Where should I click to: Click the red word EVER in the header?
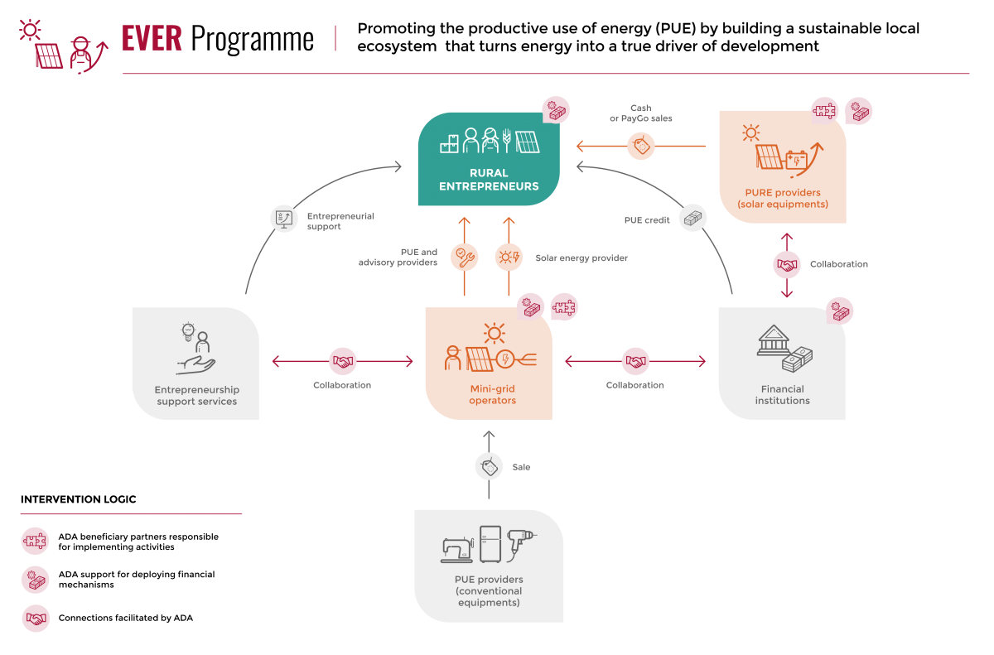tap(152, 39)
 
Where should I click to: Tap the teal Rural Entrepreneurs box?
tap(489, 159)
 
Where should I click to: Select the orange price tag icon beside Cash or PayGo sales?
tap(640, 147)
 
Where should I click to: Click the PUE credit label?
tap(647, 220)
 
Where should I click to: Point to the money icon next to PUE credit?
tap(693, 218)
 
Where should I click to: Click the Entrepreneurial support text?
tap(340, 221)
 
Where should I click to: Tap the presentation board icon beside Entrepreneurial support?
tap(284, 219)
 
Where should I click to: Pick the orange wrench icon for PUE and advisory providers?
tap(464, 257)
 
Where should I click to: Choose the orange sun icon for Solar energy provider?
tap(509, 257)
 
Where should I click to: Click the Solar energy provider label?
tap(581, 258)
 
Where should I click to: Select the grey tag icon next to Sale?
tap(489, 467)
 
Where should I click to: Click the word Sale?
tap(521, 467)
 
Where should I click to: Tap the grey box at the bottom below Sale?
tap(489, 566)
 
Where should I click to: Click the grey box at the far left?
tap(195, 364)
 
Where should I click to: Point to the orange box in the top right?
tap(783, 166)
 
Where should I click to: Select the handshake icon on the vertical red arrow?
tap(787, 265)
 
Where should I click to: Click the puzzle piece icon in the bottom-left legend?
tap(35, 542)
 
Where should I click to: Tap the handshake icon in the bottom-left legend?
tap(35, 619)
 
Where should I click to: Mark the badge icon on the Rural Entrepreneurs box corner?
tap(557, 109)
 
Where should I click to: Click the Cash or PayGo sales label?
tap(641, 113)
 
